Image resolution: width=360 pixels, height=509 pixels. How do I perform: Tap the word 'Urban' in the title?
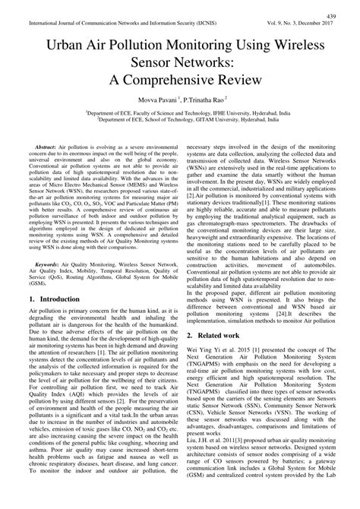pos(69,46)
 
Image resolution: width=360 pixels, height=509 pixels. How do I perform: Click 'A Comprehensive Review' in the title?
pos(180,84)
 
